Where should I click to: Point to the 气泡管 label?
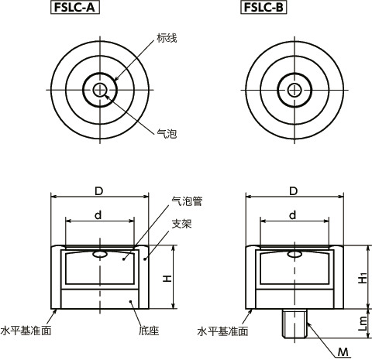click(x=186, y=201)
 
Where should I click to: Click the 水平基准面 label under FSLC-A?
click(x=27, y=330)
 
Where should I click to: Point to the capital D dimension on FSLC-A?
click(x=98, y=190)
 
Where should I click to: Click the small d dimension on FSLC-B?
click(x=293, y=214)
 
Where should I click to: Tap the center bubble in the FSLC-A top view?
click(x=98, y=90)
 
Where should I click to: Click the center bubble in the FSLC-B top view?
click(x=294, y=90)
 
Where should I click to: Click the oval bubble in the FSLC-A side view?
click(x=99, y=255)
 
